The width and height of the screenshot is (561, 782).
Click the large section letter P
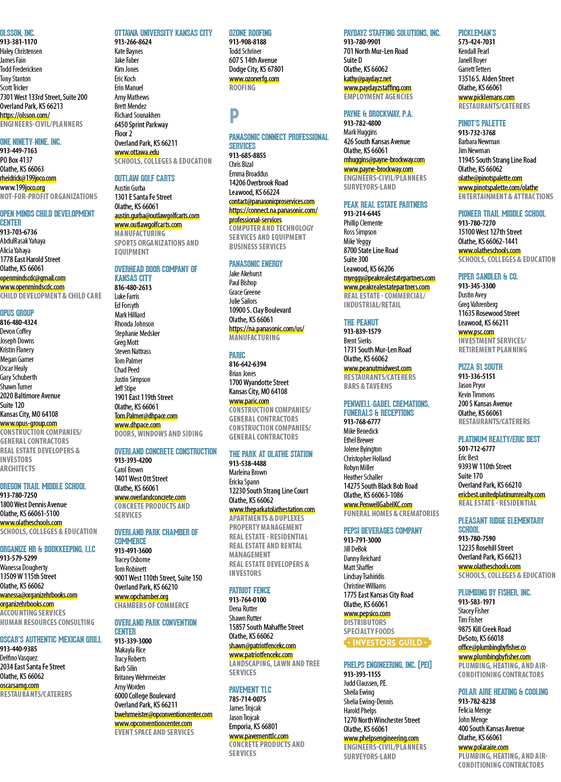point(234,116)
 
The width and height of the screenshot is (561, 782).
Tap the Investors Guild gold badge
point(387,643)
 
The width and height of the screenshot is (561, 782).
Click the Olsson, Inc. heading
point(17,33)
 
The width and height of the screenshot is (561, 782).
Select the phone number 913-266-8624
point(133,42)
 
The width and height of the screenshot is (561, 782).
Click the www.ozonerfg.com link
point(254,79)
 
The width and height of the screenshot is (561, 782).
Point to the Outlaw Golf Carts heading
point(145,179)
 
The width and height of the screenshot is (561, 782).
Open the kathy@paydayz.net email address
point(367,79)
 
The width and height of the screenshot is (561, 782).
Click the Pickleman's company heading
point(477,33)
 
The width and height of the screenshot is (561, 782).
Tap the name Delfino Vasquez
point(19,658)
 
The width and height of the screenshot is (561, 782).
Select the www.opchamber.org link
point(142,597)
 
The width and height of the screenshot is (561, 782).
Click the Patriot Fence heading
point(250,590)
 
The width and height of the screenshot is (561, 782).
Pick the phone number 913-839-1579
point(362,332)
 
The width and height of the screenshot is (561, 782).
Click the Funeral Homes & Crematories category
point(391,514)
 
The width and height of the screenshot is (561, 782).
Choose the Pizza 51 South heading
point(480,367)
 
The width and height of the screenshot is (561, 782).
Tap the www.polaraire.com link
point(483,748)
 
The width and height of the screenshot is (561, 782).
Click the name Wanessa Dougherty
point(24,567)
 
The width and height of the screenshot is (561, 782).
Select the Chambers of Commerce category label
point(152,606)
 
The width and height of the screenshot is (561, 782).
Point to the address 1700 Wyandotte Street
point(259,383)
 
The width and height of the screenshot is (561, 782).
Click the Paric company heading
point(237,356)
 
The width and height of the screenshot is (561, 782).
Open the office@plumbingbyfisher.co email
point(492,648)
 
